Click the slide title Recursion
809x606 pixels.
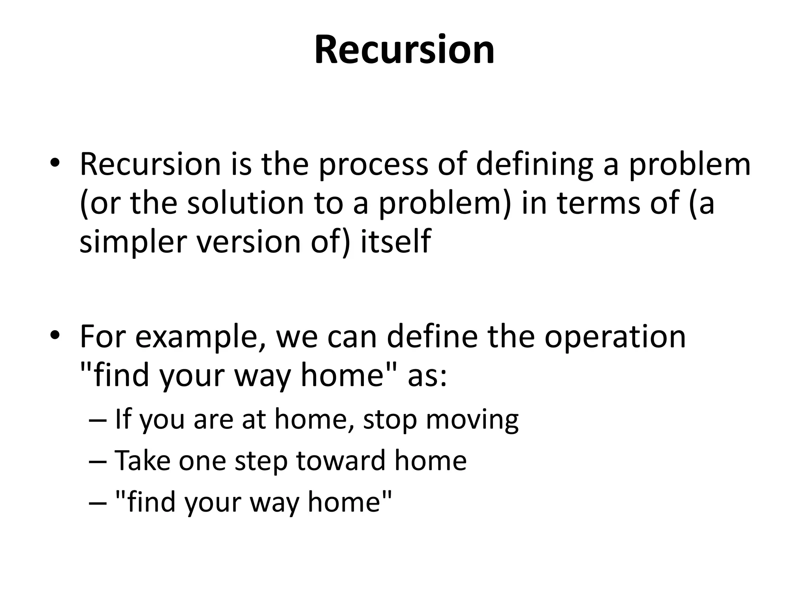point(404,50)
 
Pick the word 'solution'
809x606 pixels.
point(245,203)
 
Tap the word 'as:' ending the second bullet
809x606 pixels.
point(427,376)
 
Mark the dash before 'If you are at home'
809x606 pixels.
point(98,420)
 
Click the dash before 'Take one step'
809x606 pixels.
point(98,461)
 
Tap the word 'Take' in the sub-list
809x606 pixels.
point(142,460)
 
